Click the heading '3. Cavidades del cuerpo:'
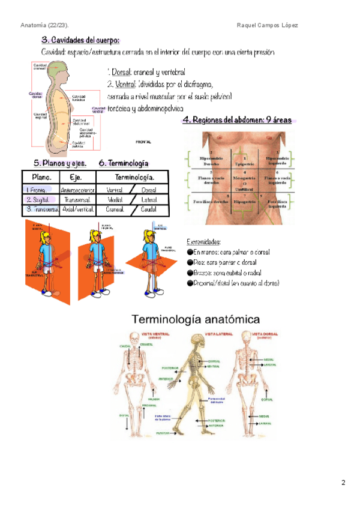tap(80, 40)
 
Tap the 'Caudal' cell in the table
tap(148, 209)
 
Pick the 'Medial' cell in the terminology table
tap(116, 199)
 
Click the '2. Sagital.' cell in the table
tap(38, 199)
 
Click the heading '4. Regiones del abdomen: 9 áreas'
tap(237, 120)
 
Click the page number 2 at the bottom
tap(343, 482)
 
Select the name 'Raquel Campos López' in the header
tap(268, 25)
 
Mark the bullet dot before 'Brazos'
tap(190, 273)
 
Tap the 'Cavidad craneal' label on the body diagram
tap(40, 67)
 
